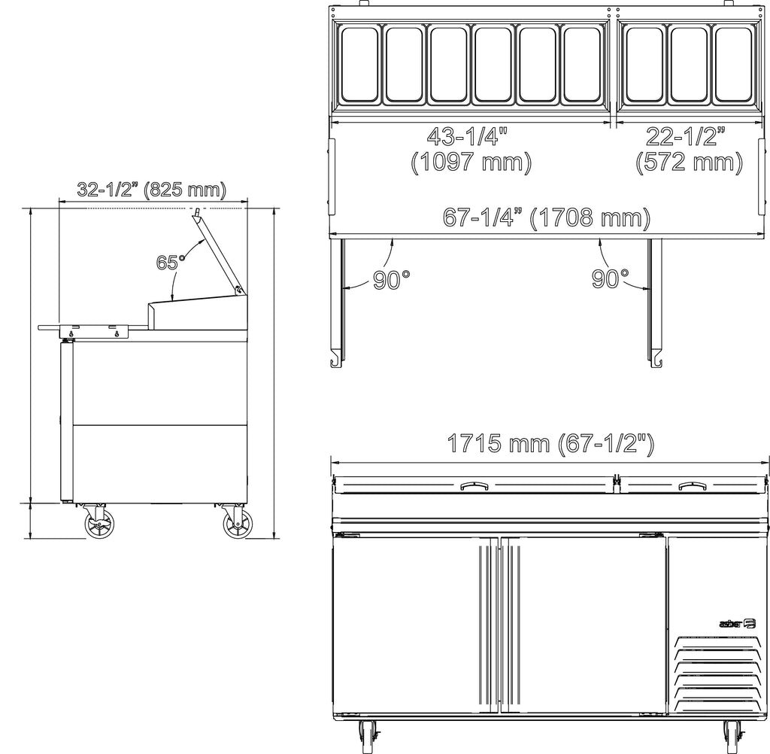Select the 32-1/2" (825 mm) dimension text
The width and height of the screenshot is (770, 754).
[x=152, y=189]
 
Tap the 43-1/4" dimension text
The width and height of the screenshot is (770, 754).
[x=466, y=136]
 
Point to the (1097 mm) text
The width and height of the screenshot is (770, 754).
[x=471, y=163]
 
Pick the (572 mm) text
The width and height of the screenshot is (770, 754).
[x=689, y=163]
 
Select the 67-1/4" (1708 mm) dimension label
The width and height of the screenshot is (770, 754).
[x=547, y=217]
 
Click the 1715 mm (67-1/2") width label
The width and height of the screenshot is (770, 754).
[x=550, y=444]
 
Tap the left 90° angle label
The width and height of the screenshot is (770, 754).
[x=391, y=280]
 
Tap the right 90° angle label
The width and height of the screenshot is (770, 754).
[x=610, y=278]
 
